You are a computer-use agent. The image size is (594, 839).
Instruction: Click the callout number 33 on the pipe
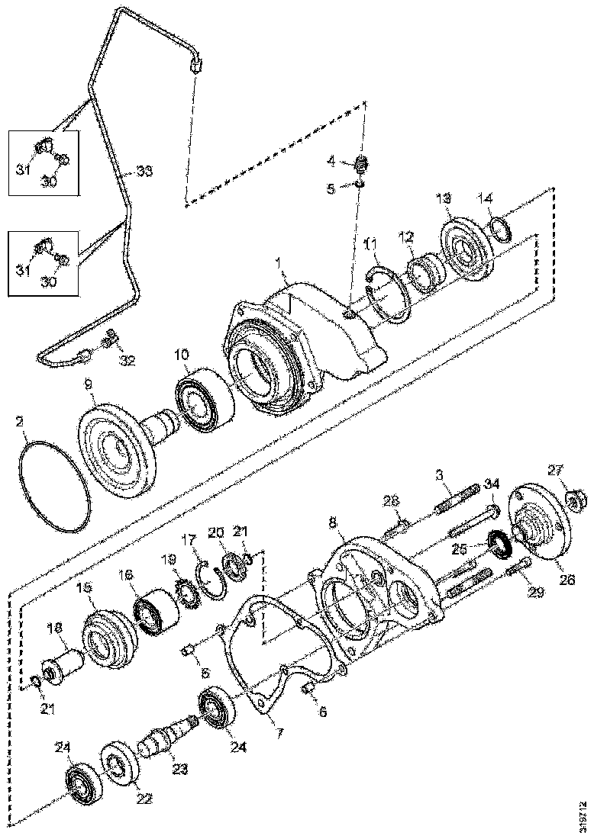point(144,171)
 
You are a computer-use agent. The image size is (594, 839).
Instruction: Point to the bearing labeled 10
point(200,400)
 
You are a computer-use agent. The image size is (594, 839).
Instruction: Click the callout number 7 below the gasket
point(279,735)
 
